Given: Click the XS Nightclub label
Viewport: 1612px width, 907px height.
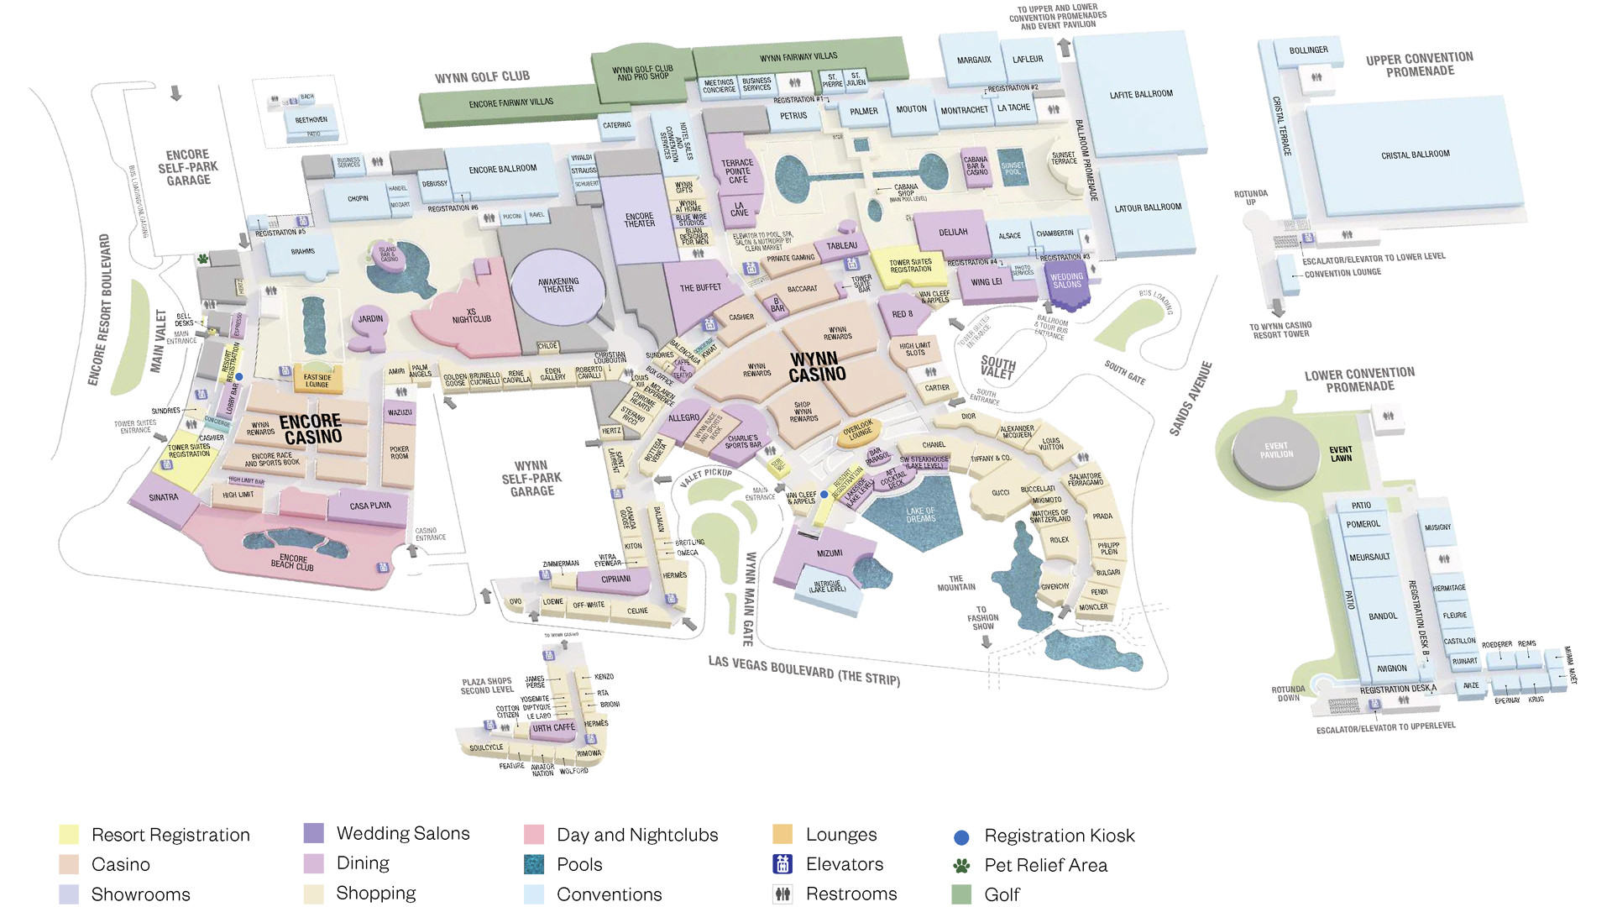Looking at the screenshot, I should [471, 316].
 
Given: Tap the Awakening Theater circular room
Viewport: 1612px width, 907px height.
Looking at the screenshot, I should [558, 286].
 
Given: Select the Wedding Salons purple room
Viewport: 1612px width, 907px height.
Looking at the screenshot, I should [1067, 280].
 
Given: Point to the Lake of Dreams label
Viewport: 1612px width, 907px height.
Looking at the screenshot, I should [920, 515].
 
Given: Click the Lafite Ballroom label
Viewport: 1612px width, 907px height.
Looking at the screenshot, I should [1141, 94].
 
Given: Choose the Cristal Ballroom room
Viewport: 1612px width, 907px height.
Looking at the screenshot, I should [1416, 155].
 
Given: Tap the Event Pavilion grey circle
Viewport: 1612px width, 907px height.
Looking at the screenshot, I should [1276, 451].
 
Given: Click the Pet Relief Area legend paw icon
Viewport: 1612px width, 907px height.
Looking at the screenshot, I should [962, 866].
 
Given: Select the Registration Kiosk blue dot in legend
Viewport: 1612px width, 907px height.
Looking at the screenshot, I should [962, 837].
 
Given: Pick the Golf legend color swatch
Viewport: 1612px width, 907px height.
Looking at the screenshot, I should [962, 894].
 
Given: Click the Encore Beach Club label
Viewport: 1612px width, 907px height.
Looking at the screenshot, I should [292, 562].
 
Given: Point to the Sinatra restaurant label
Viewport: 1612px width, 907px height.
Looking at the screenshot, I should [164, 497].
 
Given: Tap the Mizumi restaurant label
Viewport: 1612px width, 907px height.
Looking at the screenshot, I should [830, 553].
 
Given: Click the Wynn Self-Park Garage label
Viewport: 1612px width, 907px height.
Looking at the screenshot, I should [531, 478].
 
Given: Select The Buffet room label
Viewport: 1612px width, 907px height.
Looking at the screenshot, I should [700, 288].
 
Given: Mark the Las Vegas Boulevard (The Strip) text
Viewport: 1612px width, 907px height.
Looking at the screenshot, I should [803, 670].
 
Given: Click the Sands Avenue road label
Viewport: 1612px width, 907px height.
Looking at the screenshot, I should [1191, 398].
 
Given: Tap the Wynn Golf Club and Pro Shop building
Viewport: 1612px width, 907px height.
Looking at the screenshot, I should [642, 73].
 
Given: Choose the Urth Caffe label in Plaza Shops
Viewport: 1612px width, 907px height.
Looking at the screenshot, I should [553, 728].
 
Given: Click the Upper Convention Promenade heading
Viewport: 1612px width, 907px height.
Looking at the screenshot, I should [1419, 65].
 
